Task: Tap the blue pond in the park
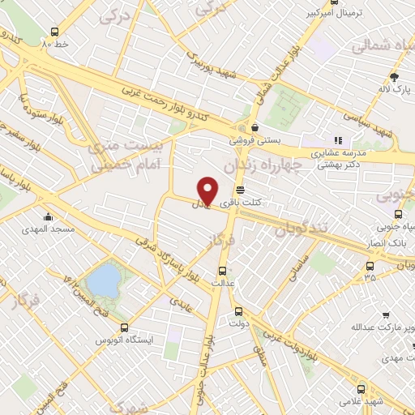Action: point(102,281)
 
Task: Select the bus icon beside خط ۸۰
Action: point(53,33)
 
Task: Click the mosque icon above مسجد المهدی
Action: point(50,217)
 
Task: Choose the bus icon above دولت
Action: point(238,311)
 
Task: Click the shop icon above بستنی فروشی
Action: point(255,127)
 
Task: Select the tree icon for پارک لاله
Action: point(394,77)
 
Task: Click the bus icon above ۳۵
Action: point(370,265)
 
